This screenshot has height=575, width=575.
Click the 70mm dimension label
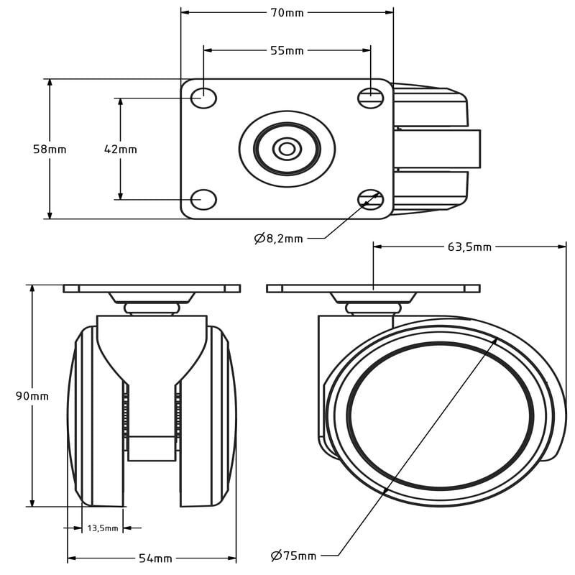287,13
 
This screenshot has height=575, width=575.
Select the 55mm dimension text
287,50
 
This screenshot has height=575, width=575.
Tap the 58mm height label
50,149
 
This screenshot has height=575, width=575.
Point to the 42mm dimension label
121,149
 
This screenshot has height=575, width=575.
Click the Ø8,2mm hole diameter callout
279,239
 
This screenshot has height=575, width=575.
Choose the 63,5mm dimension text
469,247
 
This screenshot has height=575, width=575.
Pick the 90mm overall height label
32,397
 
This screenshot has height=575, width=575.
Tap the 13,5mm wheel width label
103,528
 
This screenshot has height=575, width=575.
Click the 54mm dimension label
155,558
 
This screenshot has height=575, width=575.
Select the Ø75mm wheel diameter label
293,556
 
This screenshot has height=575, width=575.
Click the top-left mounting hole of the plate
203,98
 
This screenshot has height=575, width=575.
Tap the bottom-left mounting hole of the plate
203,200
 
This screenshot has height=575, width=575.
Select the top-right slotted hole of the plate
370,98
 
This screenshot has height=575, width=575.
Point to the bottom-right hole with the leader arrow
370,200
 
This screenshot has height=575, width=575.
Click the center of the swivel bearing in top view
287,149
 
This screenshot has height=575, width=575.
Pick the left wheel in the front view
96,416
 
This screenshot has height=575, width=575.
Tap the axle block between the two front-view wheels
152,448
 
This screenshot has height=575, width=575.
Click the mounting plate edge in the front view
152,289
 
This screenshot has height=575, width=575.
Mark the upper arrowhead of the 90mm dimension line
32,289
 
